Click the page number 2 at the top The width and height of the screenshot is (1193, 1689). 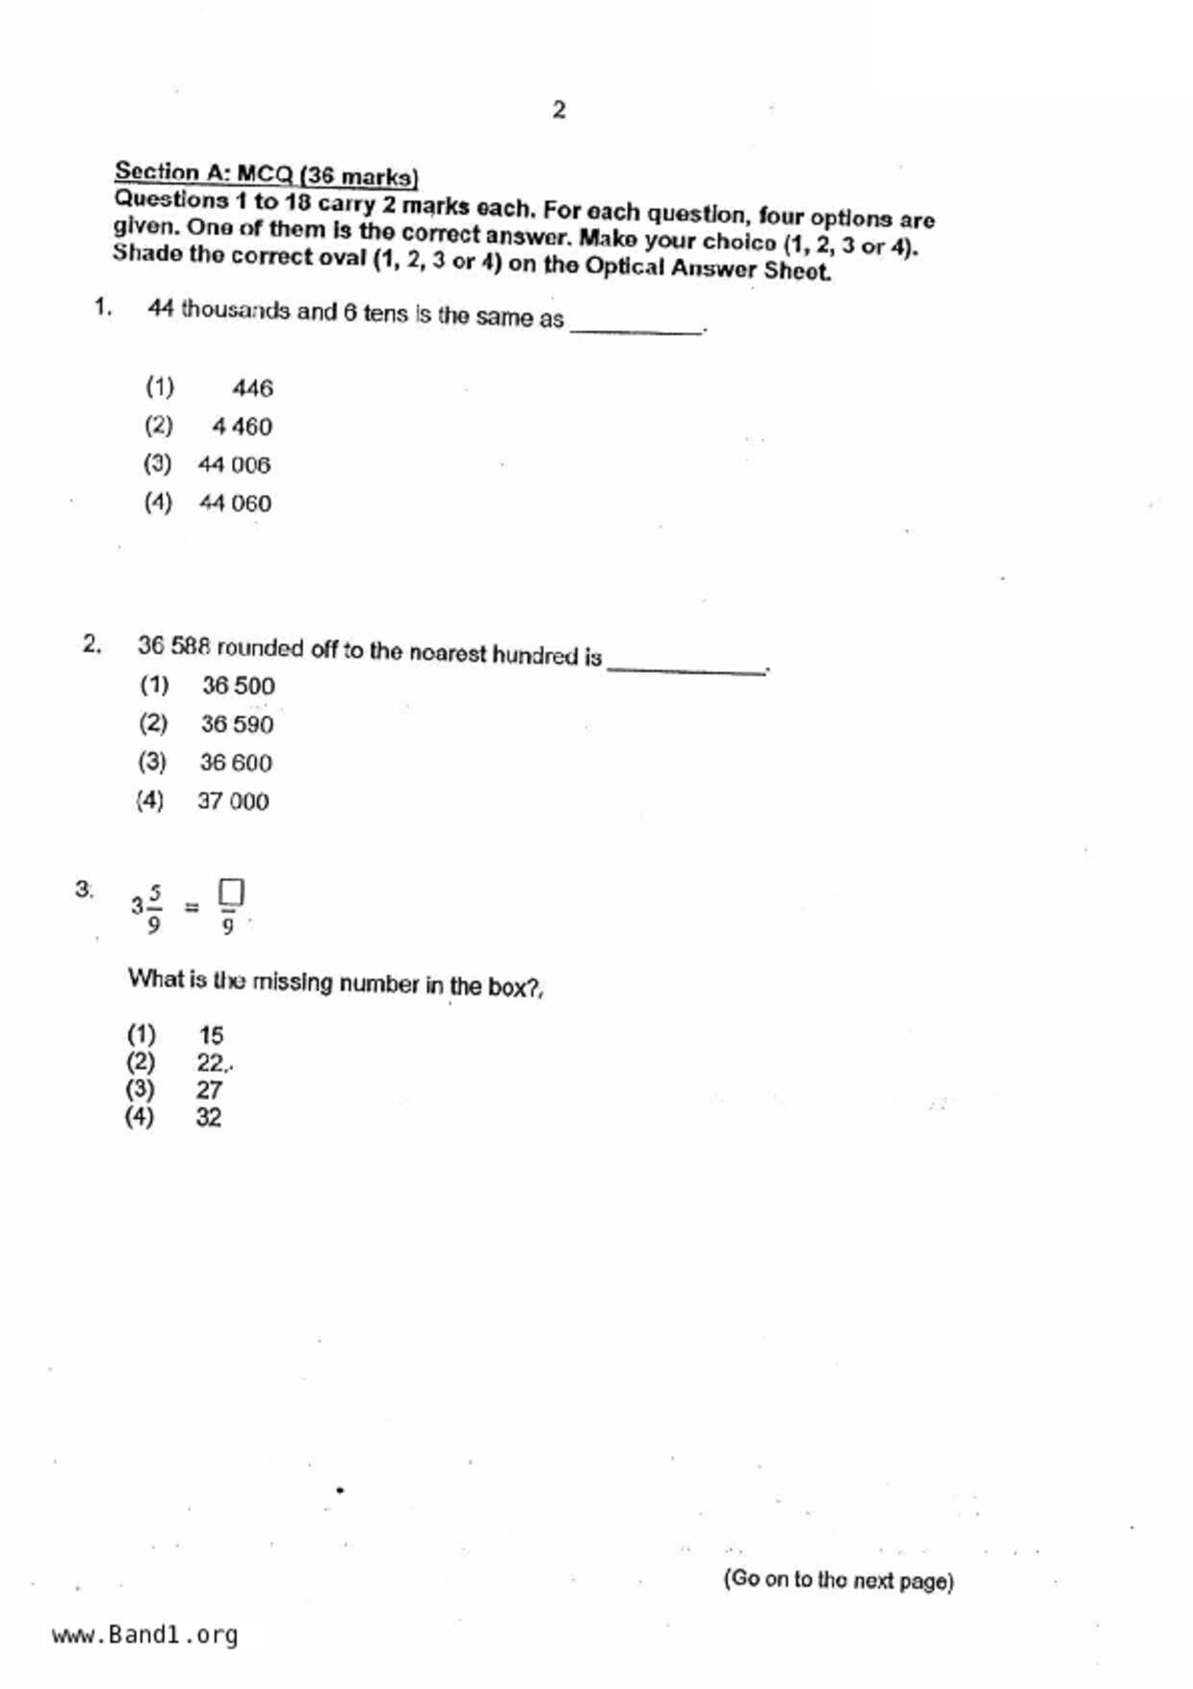[558, 110]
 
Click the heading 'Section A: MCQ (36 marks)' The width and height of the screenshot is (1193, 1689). [266, 174]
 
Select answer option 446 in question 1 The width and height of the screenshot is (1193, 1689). [252, 388]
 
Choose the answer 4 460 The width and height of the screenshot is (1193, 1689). [242, 427]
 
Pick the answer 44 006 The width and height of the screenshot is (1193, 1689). [234, 465]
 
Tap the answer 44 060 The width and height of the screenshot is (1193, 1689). [235, 503]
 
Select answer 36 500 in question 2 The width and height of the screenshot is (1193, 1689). [238, 686]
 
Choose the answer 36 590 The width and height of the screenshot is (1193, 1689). [237, 724]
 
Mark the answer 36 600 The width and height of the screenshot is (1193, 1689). [236, 763]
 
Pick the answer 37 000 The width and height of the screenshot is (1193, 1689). [233, 801]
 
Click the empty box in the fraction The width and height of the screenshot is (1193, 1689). [230, 892]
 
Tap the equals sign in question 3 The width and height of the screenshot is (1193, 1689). [192, 906]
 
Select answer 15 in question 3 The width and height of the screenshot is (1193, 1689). [211, 1035]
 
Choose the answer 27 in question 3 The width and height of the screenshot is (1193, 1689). [209, 1090]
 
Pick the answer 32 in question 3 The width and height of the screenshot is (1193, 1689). [209, 1117]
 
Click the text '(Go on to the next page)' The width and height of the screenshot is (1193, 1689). [838, 1580]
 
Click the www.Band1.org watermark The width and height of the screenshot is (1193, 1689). [144, 1635]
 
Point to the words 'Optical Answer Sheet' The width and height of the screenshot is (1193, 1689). [707, 268]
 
